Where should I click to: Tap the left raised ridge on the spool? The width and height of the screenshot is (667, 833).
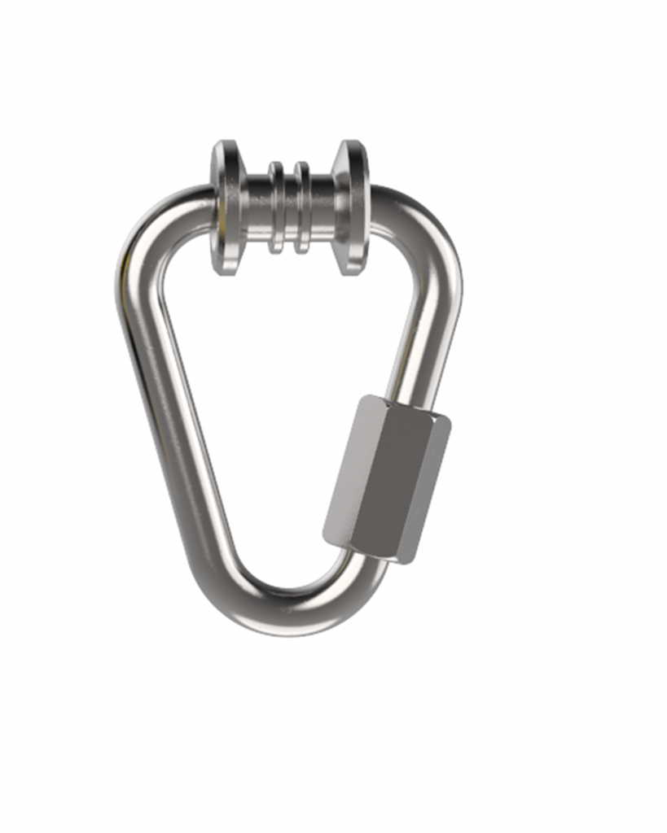(x=276, y=207)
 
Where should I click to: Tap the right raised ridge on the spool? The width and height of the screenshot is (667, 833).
(x=302, y=207)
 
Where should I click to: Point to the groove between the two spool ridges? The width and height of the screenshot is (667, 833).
(x=289, y=207)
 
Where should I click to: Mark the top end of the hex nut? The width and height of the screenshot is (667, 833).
(x=407, y=407)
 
